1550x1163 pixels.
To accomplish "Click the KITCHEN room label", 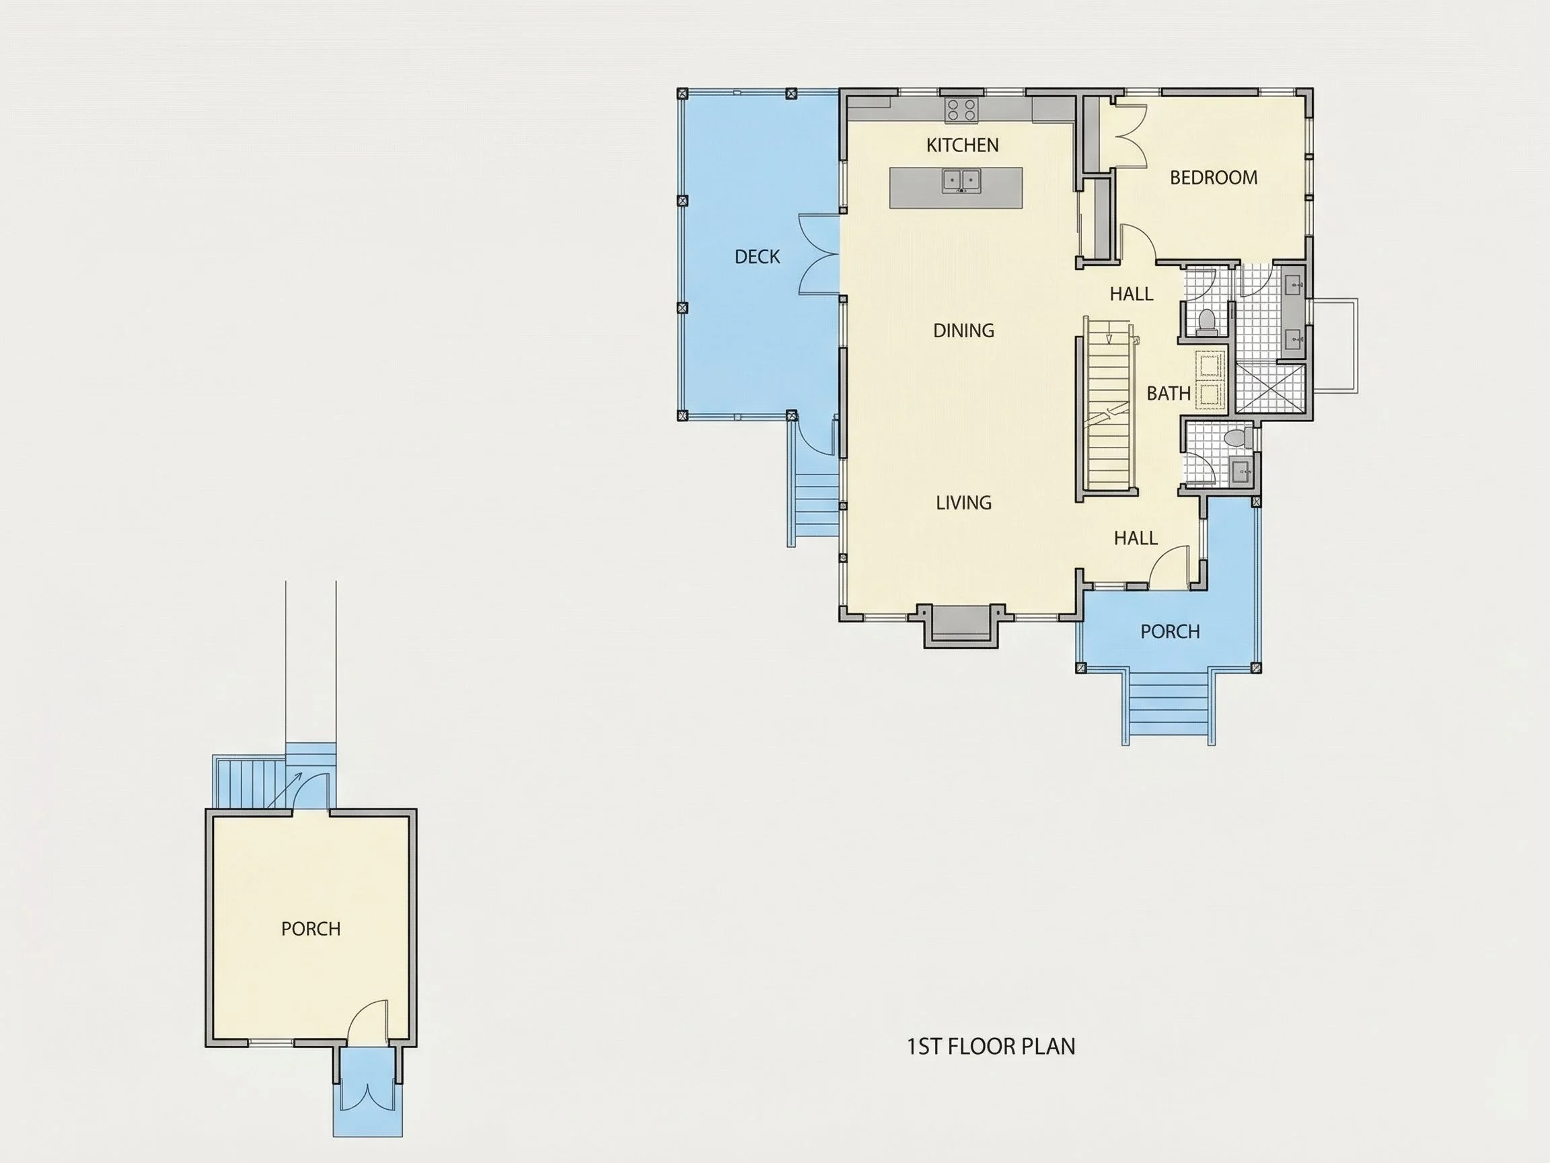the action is pos(962,145).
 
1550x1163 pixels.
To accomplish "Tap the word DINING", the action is pos(963,330).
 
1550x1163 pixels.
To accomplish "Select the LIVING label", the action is pos(963,503).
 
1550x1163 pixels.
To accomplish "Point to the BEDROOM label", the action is pos(1214,178).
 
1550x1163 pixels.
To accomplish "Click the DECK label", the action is pos(757,256).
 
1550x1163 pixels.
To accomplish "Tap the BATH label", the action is pos(1168,393).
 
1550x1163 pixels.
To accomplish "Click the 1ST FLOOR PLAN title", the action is pos(991,1047).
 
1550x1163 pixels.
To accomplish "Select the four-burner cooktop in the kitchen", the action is pos(961,110).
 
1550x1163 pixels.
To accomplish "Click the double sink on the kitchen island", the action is pos(960,180).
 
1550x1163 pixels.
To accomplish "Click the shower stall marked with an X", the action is pos(1270,388).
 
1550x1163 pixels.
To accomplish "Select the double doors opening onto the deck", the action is pos(819,254).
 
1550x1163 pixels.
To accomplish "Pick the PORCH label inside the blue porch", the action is pos(1169,631).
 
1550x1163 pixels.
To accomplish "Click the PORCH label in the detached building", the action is pos(310,929).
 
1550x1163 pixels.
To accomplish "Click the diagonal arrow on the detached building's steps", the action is pos(284,790).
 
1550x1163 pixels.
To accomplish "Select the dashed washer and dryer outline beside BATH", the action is pos(1211,380).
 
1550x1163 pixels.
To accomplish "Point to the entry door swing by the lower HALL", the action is pos(1169,567).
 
